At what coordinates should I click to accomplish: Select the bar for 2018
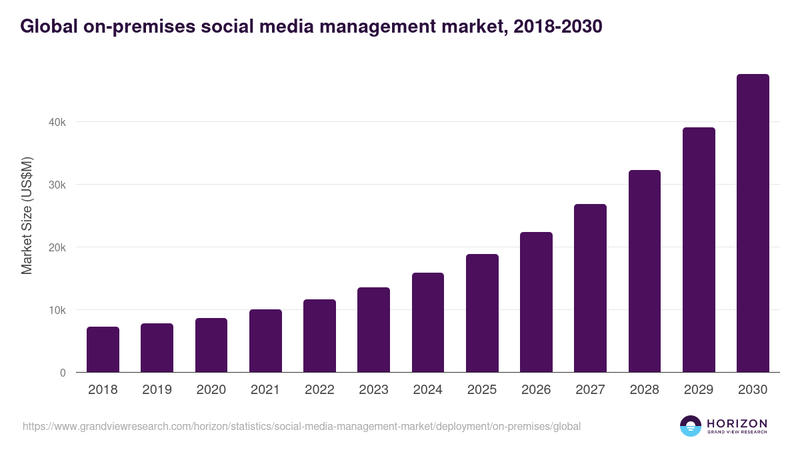103,349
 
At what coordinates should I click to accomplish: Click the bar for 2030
753,223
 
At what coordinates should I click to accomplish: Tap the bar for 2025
482,313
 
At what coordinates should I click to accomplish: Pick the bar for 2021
265,341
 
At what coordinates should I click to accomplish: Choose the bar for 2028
645,271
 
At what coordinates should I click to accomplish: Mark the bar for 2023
373,330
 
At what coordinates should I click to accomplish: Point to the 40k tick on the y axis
57,122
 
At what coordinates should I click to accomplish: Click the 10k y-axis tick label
57,310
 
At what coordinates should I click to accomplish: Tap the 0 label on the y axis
63,373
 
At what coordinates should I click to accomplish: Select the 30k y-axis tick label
57,185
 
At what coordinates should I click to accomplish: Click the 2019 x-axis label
157,390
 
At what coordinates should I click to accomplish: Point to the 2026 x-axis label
536,390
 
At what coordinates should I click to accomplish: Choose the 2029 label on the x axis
699,390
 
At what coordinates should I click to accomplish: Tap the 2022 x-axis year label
319,390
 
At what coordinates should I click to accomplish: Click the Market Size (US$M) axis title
27,216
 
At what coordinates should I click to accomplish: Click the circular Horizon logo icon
691,426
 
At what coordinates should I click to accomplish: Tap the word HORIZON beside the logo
737,423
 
